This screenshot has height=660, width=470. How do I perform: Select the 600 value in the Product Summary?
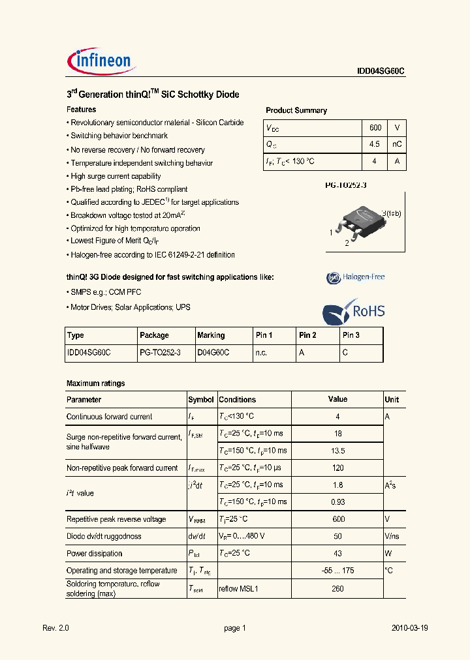[x=375, y=128]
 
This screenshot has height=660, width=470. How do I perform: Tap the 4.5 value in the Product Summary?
[x=375, y=144]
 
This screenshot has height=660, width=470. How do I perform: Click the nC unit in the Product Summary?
[x=396, y=144]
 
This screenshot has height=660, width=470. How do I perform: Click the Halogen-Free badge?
[x=356, y=277]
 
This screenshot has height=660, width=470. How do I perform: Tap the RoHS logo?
[x=354, y=312]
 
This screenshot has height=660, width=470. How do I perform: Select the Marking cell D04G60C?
[x=213, y=353]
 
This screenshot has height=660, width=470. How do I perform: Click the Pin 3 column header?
[x=351, y=335]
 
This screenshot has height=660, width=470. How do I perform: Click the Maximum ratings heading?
[x=95, y=383]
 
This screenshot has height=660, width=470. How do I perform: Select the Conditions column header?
[x=237, y=400]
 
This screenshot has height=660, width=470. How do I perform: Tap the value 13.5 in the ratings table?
[x=337, y=451]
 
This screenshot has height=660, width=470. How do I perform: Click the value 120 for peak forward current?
[x=337, y=468]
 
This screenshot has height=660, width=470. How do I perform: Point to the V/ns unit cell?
[x=392, y=536]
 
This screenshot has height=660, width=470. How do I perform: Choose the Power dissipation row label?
[x=94, y=554]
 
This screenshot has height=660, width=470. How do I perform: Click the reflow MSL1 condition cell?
[x=239, y=588]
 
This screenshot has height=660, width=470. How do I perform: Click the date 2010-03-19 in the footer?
[x=409, y=628]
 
